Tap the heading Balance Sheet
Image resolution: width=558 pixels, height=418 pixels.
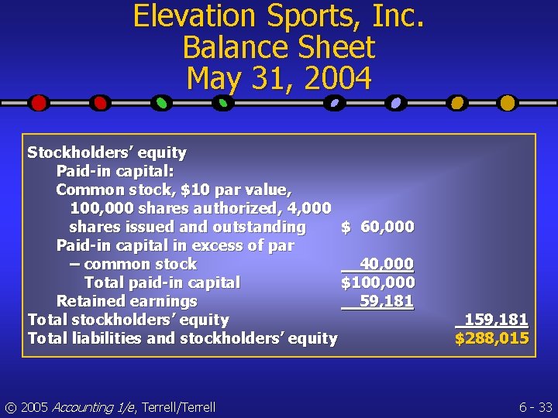click(278, 47)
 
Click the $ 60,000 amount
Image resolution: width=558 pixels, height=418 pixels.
click(378, 227)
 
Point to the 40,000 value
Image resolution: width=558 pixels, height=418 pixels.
click(387, 264)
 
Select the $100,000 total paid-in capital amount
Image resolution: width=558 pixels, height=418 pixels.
click(377, 283)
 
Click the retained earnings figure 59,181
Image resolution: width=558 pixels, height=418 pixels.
click(387, 301)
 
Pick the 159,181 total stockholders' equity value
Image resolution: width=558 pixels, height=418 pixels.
click(496, 320)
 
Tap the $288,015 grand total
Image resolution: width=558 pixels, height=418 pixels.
click(492, 338)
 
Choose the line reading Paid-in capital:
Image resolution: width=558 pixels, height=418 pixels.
click(115, 171)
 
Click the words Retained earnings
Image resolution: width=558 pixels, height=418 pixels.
click(126, 301)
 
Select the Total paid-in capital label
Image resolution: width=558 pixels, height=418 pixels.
click(162, 283)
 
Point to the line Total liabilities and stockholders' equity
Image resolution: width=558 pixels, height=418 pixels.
click(182, 338)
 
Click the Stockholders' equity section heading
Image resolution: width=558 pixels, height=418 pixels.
click(107, 152)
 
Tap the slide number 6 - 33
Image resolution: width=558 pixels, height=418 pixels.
click(534, 406)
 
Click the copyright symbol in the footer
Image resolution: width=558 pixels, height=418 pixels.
click(10, 407)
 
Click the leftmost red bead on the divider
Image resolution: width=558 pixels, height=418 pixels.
click(39, 102)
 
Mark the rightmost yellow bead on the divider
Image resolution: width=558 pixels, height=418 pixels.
click(507, 102)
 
